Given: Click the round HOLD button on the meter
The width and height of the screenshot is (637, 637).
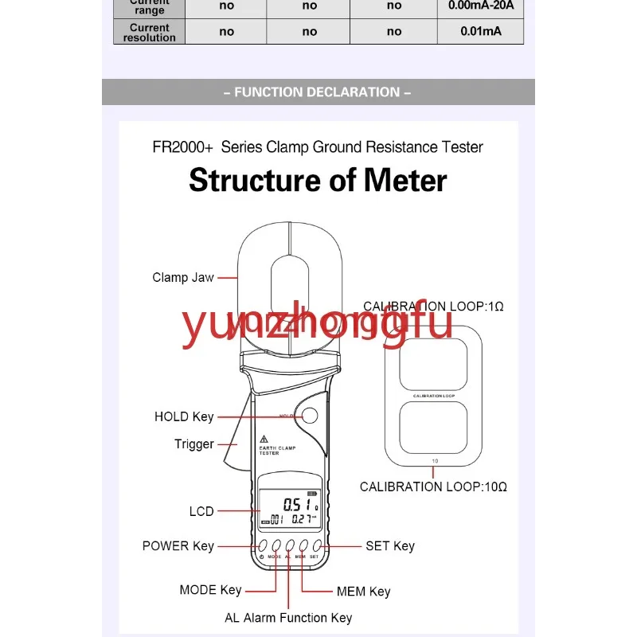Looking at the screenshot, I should [x=309, y=415].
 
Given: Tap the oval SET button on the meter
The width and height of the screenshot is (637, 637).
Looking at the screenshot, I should [x=317, y=545].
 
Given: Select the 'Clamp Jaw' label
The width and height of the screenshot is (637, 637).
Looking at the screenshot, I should [x=183, y=278].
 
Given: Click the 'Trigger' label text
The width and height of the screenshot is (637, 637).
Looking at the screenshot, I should [x=194, y=444].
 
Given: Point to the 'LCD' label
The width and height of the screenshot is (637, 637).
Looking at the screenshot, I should [x=201, y=511].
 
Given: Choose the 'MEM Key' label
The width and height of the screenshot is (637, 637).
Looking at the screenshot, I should [x=363, y=592].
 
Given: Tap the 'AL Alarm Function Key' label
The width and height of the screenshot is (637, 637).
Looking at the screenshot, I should [x=288, y=618].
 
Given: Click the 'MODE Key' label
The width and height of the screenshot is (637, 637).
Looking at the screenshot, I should [x=210, y=590].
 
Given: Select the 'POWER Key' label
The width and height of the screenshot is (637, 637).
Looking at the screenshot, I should [x=178, y=546].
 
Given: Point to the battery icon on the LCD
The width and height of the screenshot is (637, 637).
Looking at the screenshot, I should [x=322, y=492].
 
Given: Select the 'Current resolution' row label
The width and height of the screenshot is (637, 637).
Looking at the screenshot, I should [x=150, y=32].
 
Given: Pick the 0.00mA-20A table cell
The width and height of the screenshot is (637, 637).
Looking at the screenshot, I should [x=480, y=6].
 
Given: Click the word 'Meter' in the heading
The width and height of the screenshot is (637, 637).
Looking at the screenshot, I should [x=406, y=181].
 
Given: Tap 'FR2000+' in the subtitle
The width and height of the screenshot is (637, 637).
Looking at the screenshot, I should [x=182, y=147].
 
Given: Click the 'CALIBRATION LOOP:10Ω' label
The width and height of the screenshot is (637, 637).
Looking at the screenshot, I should [x=433, y=487].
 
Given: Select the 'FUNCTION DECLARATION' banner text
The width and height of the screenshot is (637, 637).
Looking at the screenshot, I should [x=318, y=92].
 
